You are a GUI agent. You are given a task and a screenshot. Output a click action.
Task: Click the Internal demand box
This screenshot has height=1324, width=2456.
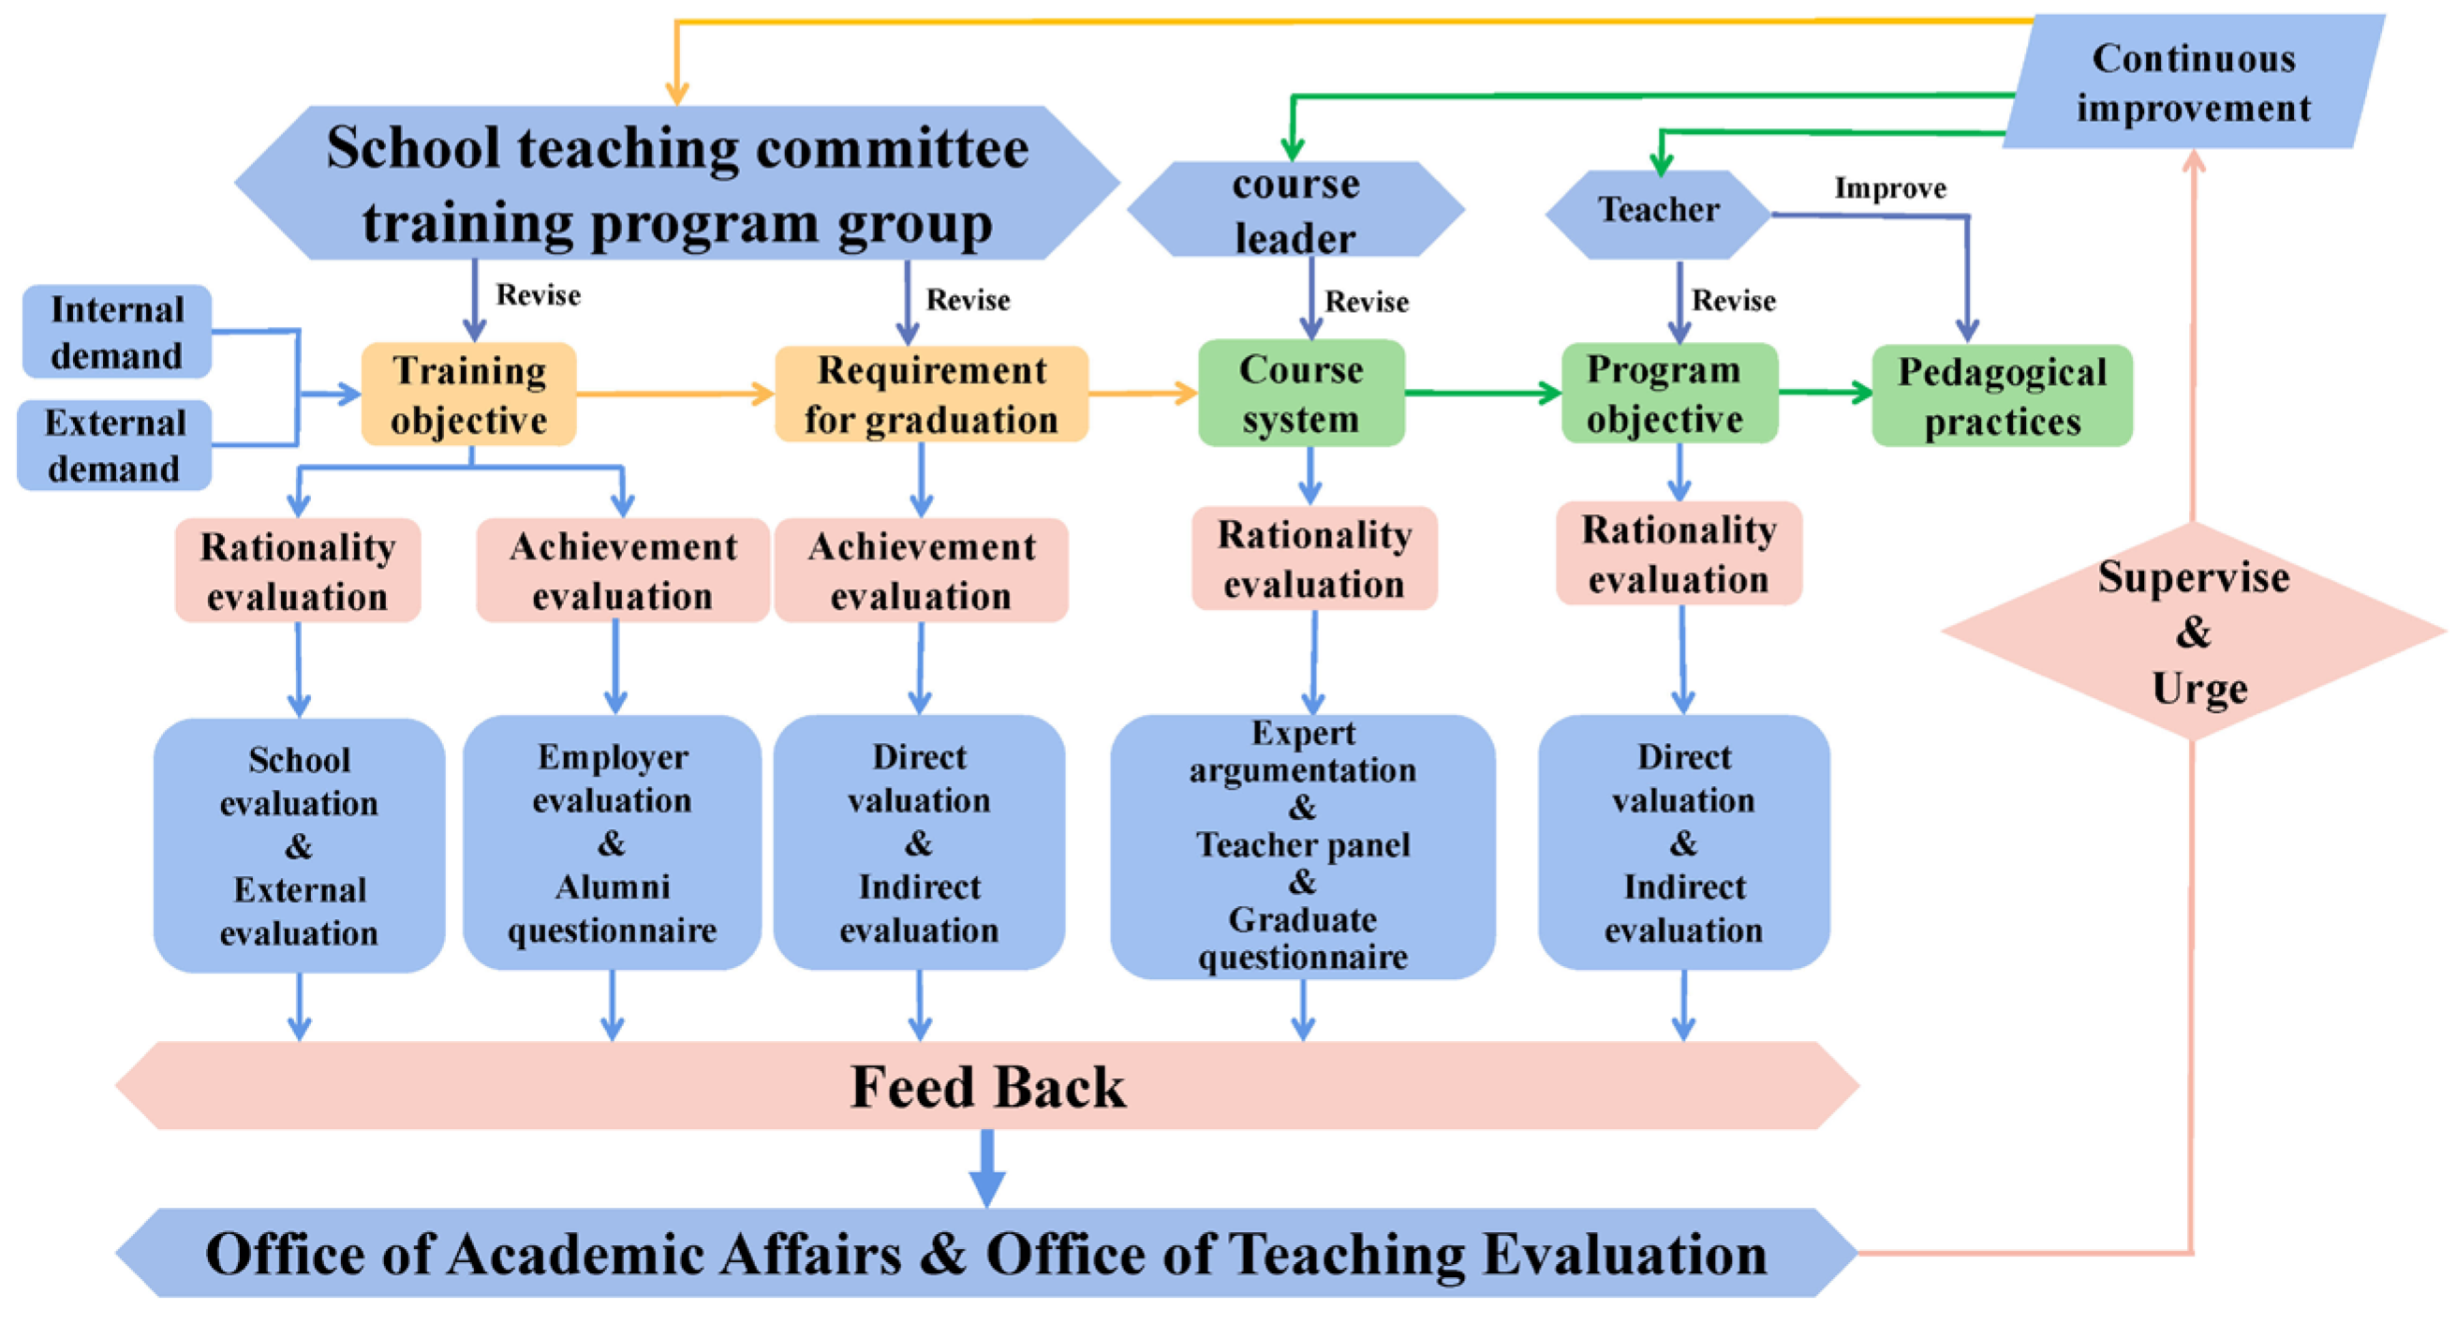click(116, 331)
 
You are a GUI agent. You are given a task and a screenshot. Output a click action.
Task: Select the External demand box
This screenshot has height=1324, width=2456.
click(114, 444)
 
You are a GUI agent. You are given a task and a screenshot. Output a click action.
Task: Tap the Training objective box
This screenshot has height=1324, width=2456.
click(468, 394)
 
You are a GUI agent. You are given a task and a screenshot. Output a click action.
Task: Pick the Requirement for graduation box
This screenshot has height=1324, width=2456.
click(930, 394)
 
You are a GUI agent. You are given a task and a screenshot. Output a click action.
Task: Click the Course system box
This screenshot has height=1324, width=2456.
click(1300, 393)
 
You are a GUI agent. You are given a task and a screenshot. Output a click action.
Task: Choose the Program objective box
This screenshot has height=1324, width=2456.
click(1668, 393)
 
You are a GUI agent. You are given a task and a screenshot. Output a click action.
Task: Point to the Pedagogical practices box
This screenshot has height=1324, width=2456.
click(2003, 395)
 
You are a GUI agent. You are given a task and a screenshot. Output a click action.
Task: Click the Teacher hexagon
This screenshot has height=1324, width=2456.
click(1658, 213)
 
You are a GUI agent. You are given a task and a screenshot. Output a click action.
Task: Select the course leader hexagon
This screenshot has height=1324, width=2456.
click(1295, 210)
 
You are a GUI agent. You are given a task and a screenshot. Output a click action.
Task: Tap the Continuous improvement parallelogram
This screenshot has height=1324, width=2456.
click(2193, 83)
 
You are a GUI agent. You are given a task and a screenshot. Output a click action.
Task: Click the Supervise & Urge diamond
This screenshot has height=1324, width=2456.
click(2193, 632)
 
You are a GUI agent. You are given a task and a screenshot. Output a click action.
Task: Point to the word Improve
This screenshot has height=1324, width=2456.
click(1889, 188)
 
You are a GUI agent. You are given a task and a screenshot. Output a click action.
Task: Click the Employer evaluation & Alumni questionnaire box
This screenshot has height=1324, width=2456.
click(612, 843)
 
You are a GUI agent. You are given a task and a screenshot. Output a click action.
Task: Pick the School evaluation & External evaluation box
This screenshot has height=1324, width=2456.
click(300, 845)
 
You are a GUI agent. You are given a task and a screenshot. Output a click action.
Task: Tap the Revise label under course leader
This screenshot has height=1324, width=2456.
click(1367, 302)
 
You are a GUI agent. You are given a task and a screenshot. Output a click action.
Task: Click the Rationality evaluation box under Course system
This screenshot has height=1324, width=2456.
click(1314, 559)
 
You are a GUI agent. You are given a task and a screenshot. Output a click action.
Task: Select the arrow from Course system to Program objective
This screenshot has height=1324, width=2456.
click(1483, 392)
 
